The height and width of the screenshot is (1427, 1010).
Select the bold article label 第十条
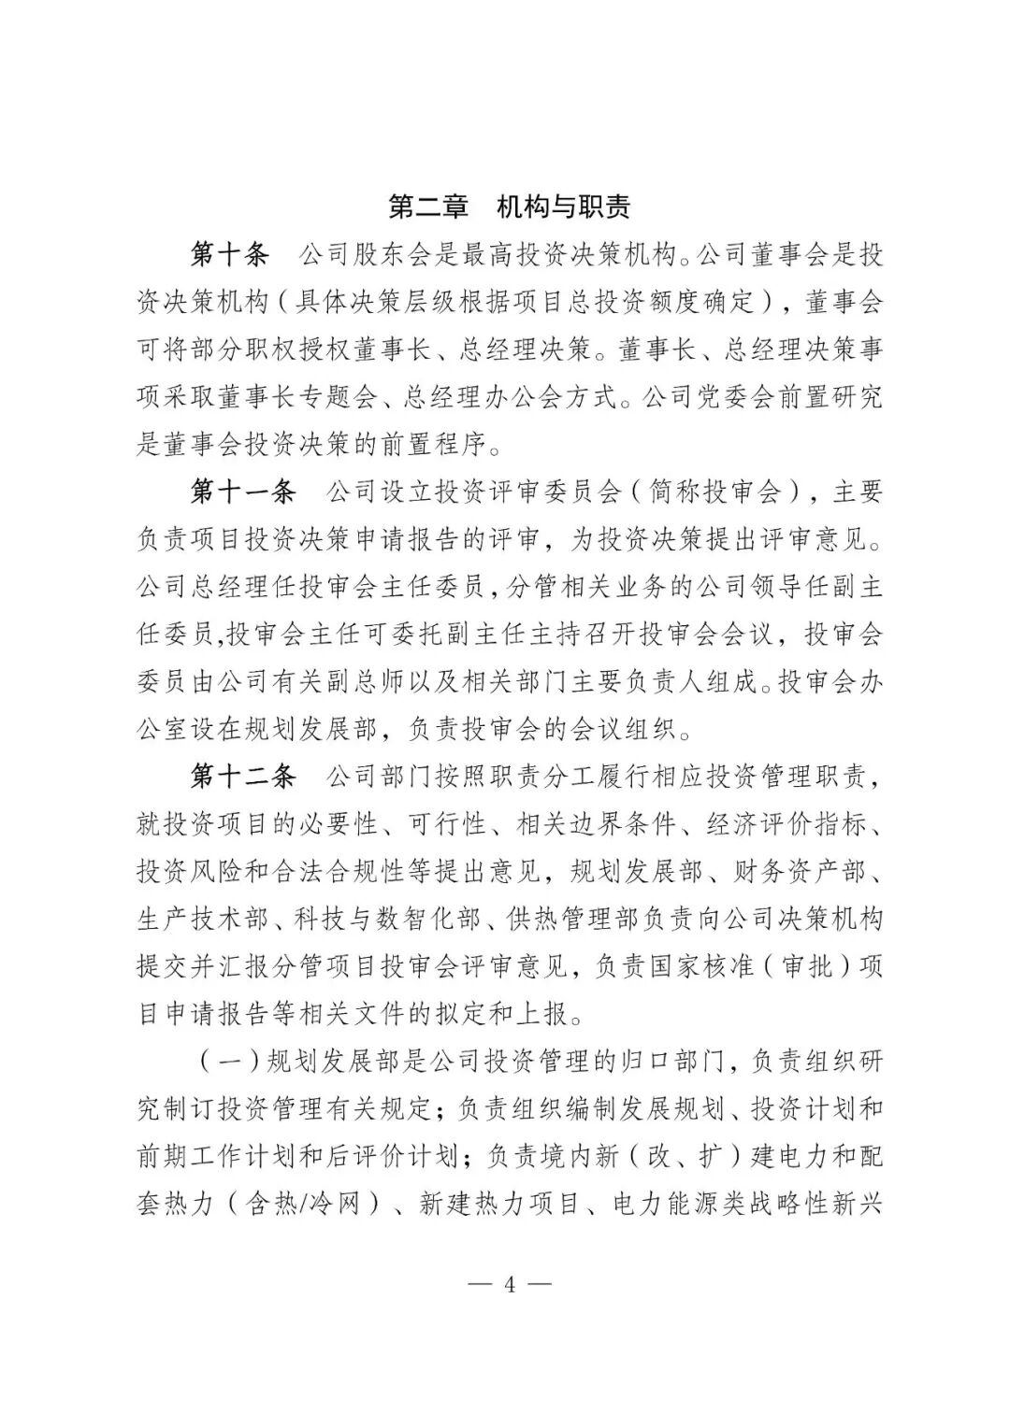click(230, 254)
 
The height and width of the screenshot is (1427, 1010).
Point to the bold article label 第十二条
click(243, 777)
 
